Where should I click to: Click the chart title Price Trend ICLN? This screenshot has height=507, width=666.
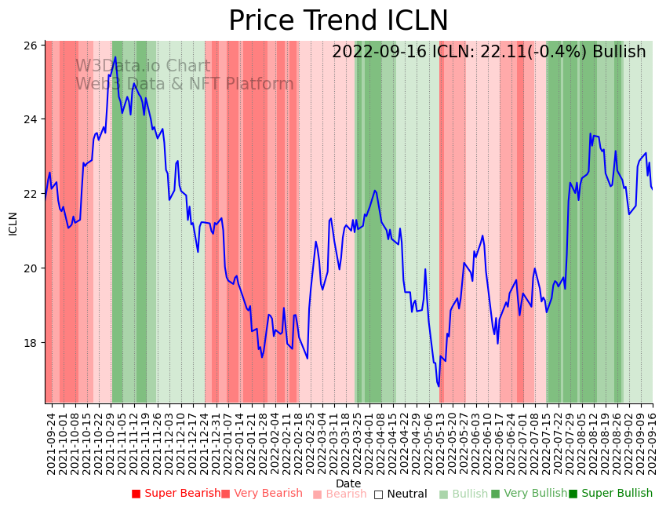(338, 21)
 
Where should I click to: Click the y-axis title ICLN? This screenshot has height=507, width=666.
(13, 223)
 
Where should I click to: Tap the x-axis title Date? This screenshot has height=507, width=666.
(348, 484)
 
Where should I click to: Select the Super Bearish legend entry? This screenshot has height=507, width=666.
(177, 494)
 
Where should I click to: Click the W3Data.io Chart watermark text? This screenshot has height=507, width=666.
(143, 67)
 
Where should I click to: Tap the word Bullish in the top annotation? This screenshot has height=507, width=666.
(619, 52)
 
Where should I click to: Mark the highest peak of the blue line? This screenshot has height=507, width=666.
(115, 57)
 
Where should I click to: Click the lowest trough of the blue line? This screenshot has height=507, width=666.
(439, 386)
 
